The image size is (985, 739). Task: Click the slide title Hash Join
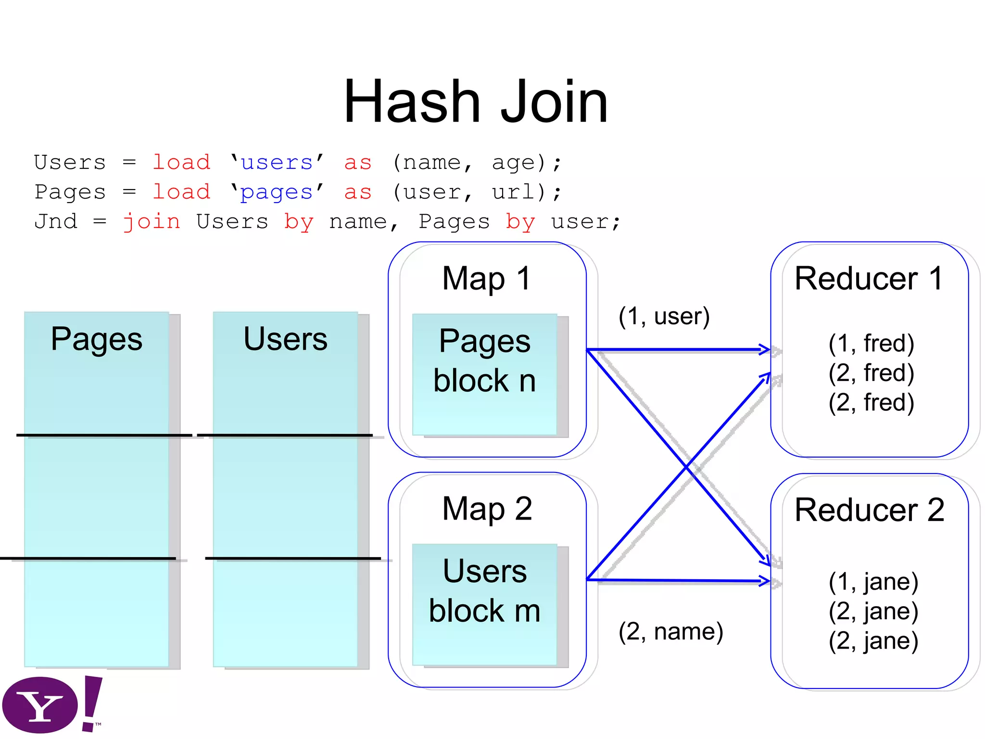[476, 102]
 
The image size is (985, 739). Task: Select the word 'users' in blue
[277, 163]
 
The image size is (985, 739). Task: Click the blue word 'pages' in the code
[277, 192]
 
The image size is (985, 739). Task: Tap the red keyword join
[152, 222]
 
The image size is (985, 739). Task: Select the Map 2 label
[486, 509]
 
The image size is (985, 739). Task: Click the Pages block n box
[484, 374]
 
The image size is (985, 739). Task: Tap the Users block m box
[484, 604]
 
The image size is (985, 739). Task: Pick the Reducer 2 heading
[869, 510]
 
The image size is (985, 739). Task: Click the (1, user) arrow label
[664, 317]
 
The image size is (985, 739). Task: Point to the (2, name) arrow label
[670, 631]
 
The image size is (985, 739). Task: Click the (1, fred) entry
[871, 343]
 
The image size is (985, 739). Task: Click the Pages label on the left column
[96, 339]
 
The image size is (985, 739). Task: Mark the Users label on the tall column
[285, 339]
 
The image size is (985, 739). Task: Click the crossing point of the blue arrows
[686, 466]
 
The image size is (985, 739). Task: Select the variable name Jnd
[56, 222]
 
